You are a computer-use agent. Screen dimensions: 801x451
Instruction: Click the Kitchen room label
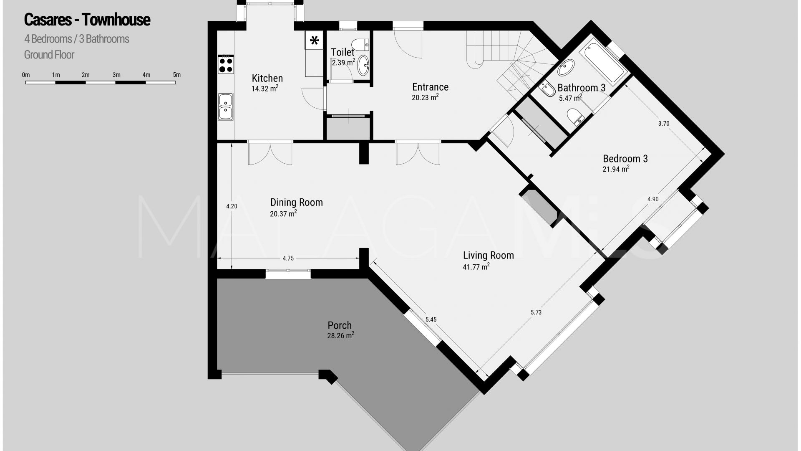point(267,78)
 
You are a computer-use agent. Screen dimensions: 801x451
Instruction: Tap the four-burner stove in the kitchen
point(226,65)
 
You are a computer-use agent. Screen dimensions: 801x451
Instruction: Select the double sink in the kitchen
point(226,106)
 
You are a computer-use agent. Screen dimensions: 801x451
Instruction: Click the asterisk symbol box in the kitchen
point(315,41)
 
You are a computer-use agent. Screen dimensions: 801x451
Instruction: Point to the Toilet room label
point(343,52)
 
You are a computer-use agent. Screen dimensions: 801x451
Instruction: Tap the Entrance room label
point(430,87)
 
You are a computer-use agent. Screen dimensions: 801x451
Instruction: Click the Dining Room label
point(296,203)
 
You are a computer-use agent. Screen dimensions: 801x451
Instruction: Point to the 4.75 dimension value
point(288,258)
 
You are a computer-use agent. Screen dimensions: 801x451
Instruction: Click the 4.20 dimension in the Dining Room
point(232,206)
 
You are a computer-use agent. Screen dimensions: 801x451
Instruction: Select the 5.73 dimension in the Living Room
point(536,312)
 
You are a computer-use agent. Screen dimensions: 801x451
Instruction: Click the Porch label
point(340,325)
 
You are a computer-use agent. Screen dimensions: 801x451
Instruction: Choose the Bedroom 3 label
point(625,159)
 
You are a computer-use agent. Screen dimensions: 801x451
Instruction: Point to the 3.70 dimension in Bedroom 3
point(664,124)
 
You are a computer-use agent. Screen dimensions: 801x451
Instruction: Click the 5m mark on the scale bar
point(177,75)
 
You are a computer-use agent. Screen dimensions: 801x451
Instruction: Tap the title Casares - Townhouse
point(87,20)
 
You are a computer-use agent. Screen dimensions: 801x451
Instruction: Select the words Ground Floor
point(49,55)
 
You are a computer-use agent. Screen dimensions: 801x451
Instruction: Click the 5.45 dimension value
point(431,319)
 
